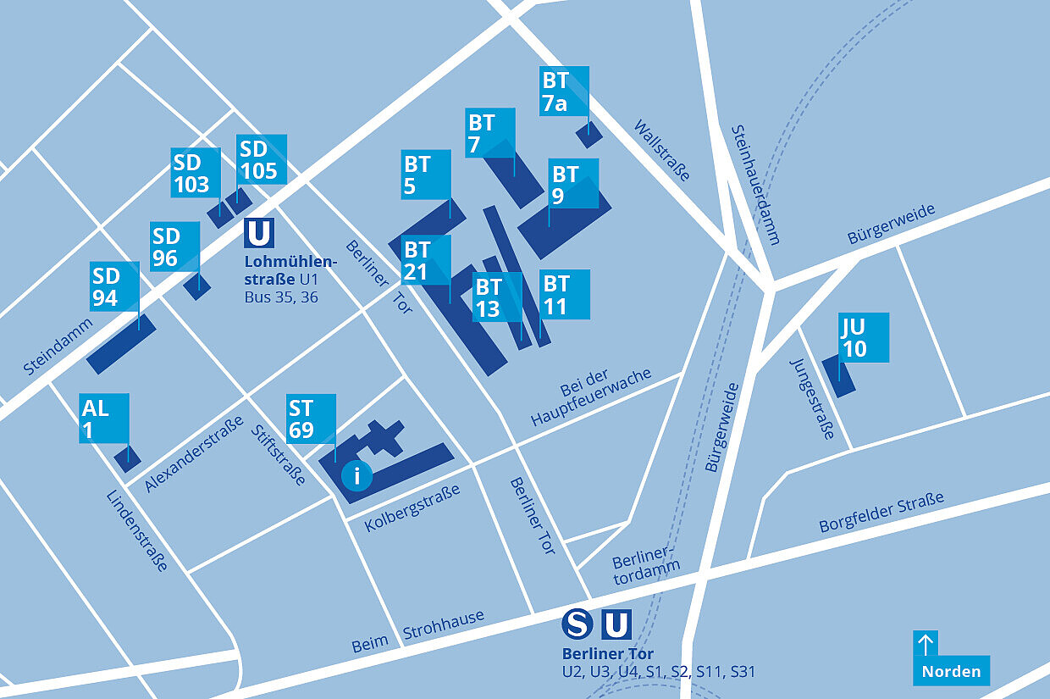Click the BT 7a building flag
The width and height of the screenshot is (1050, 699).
(564, 91)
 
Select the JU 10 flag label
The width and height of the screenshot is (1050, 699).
(864, 337)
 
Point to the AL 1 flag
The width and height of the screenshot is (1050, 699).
(104, 418)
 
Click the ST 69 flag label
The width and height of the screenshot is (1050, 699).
(311, 419)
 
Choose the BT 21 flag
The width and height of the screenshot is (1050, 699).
(426, 260)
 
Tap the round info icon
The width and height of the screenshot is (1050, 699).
(356, 475)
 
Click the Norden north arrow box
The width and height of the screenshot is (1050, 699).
(951, 658)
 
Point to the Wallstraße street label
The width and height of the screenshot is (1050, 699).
(662, 150)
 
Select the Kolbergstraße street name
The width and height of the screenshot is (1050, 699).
(412, 508)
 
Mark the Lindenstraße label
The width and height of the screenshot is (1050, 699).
(137, 531)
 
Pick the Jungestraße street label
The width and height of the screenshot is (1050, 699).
(812, 398)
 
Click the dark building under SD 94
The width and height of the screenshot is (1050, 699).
(121, 344)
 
